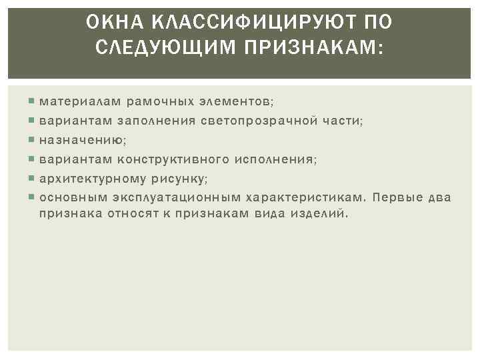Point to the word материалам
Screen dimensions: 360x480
tap(80, 101)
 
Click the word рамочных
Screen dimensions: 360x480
tap(159, 101)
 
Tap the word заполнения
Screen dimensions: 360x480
tap(157, 121)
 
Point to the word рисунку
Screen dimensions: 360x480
tap(179, 179)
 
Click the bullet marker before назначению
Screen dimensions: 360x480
tap(33, 140)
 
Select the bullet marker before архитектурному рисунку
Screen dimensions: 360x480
tap(33, 179)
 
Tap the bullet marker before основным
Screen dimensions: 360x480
tap(33, 198)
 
